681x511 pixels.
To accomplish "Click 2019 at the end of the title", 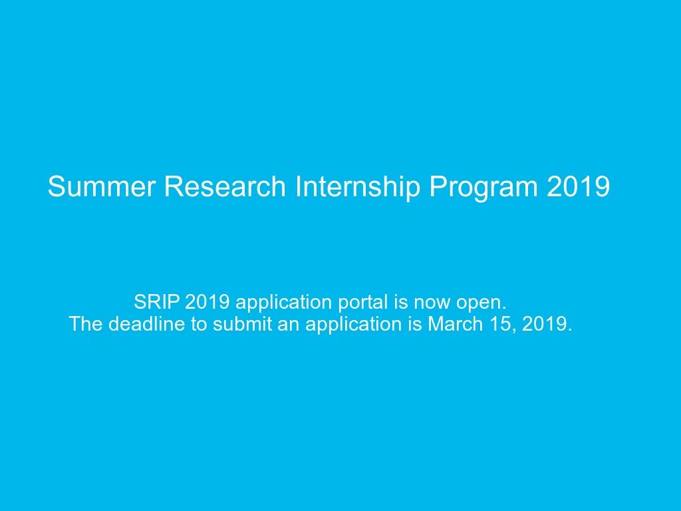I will [578, 187].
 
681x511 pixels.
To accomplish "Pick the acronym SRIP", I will [157, 302].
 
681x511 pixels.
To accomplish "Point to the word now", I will [432, 303].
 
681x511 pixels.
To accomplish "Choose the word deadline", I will [141, 325].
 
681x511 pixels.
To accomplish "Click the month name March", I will [453, 325].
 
